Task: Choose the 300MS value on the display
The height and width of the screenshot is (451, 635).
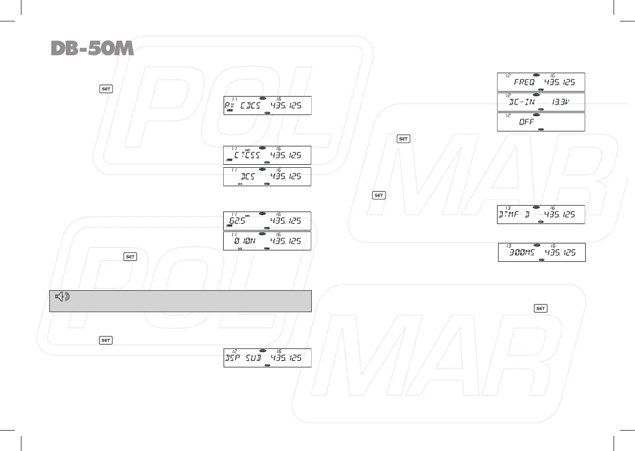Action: click(524, 253)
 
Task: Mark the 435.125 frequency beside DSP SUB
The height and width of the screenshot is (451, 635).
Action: click(286, 358)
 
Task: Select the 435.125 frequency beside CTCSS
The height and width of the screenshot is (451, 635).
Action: click(286, 155)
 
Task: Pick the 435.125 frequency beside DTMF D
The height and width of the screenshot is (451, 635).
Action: click(560, 215)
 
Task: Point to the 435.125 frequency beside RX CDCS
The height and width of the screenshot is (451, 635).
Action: click(286, 106)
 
